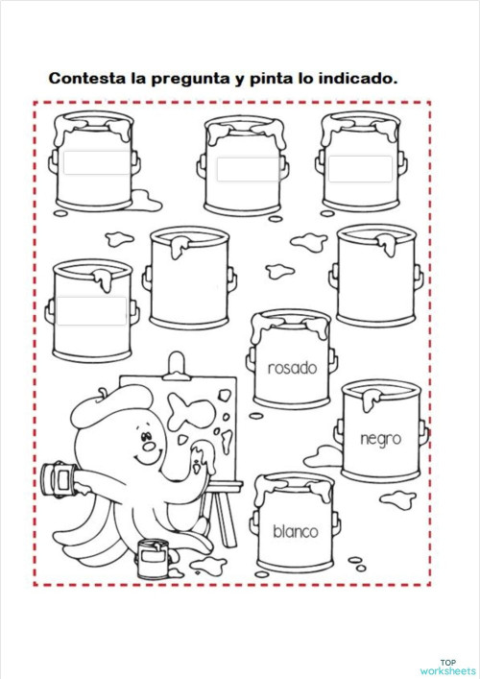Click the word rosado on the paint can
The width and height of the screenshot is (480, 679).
pyautogui.click(x=293, y=368)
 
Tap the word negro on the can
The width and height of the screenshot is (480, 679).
pyautogui.click(x=381, y=439)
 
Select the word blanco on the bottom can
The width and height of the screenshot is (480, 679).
pyautogui.click(x=296, y=531)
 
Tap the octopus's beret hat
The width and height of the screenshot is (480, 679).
pyautogui.click(x=111, y=405)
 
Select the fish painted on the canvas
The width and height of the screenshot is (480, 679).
pyautogui.click(x=191, y=411)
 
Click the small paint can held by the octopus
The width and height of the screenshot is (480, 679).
pyautogui.click(x=60, y=479)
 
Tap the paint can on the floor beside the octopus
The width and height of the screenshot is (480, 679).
pyautogui.click(x=153, y=559)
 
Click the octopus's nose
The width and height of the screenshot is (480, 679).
pyautogui.click(x=150, y=446)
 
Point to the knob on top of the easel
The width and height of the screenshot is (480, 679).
pyautogui.click(x=177, y=364)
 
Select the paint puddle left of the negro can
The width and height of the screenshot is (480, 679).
pyautogui.click(x=324, y=457)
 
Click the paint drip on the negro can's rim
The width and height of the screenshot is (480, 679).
pyautogui.click(x=372, y=399)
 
